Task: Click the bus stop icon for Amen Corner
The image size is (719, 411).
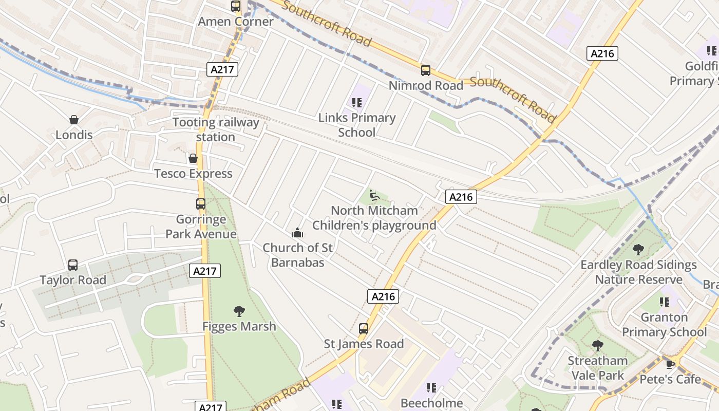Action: pos(236,6)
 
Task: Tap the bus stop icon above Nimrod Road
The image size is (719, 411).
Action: pos(425,70)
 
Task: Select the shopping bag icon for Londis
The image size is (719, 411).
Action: pos(74,120)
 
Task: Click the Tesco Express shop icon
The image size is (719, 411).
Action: pos(193,158)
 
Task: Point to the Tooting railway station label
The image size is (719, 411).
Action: pos(216,129)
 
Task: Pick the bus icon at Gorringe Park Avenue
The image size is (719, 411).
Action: pos(201,204)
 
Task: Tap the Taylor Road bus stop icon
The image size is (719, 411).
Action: pos(73,265)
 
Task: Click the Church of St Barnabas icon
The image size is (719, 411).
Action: pos(297,233)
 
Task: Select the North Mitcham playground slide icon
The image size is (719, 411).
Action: pos(374,195)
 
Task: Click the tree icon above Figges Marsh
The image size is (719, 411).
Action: pos(239,311)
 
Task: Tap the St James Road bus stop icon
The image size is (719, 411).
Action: pos(364,328)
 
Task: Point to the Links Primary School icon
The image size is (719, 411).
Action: pos(357,103)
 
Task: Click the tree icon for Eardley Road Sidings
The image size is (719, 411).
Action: pos(638,250)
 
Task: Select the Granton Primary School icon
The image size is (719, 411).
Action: pos(665,302)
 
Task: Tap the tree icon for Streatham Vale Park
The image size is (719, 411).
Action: pos(597,345)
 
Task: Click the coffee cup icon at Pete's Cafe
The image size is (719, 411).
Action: pos(670,364)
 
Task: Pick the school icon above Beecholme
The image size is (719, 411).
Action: pos(431,388)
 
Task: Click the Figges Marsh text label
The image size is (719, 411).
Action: pos(239,326)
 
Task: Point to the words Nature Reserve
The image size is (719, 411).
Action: pos(638,279)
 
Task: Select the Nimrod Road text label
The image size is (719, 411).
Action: pos(426,85)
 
